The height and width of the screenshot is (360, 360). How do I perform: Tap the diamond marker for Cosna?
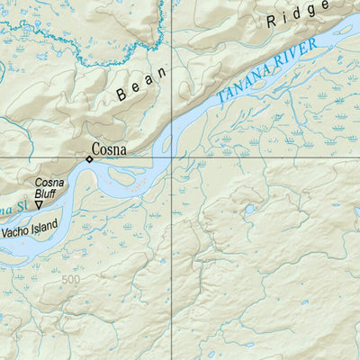(89, 159)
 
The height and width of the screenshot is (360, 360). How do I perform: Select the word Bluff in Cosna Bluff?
(45, 193)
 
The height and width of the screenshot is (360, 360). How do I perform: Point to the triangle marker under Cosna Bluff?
(39, 206)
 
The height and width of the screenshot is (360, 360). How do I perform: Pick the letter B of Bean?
(121, 94)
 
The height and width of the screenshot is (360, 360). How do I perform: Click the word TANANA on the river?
(242, 86)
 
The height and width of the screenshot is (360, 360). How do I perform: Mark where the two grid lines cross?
(172, 158)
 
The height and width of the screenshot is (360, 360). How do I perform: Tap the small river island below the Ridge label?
(342, 29)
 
